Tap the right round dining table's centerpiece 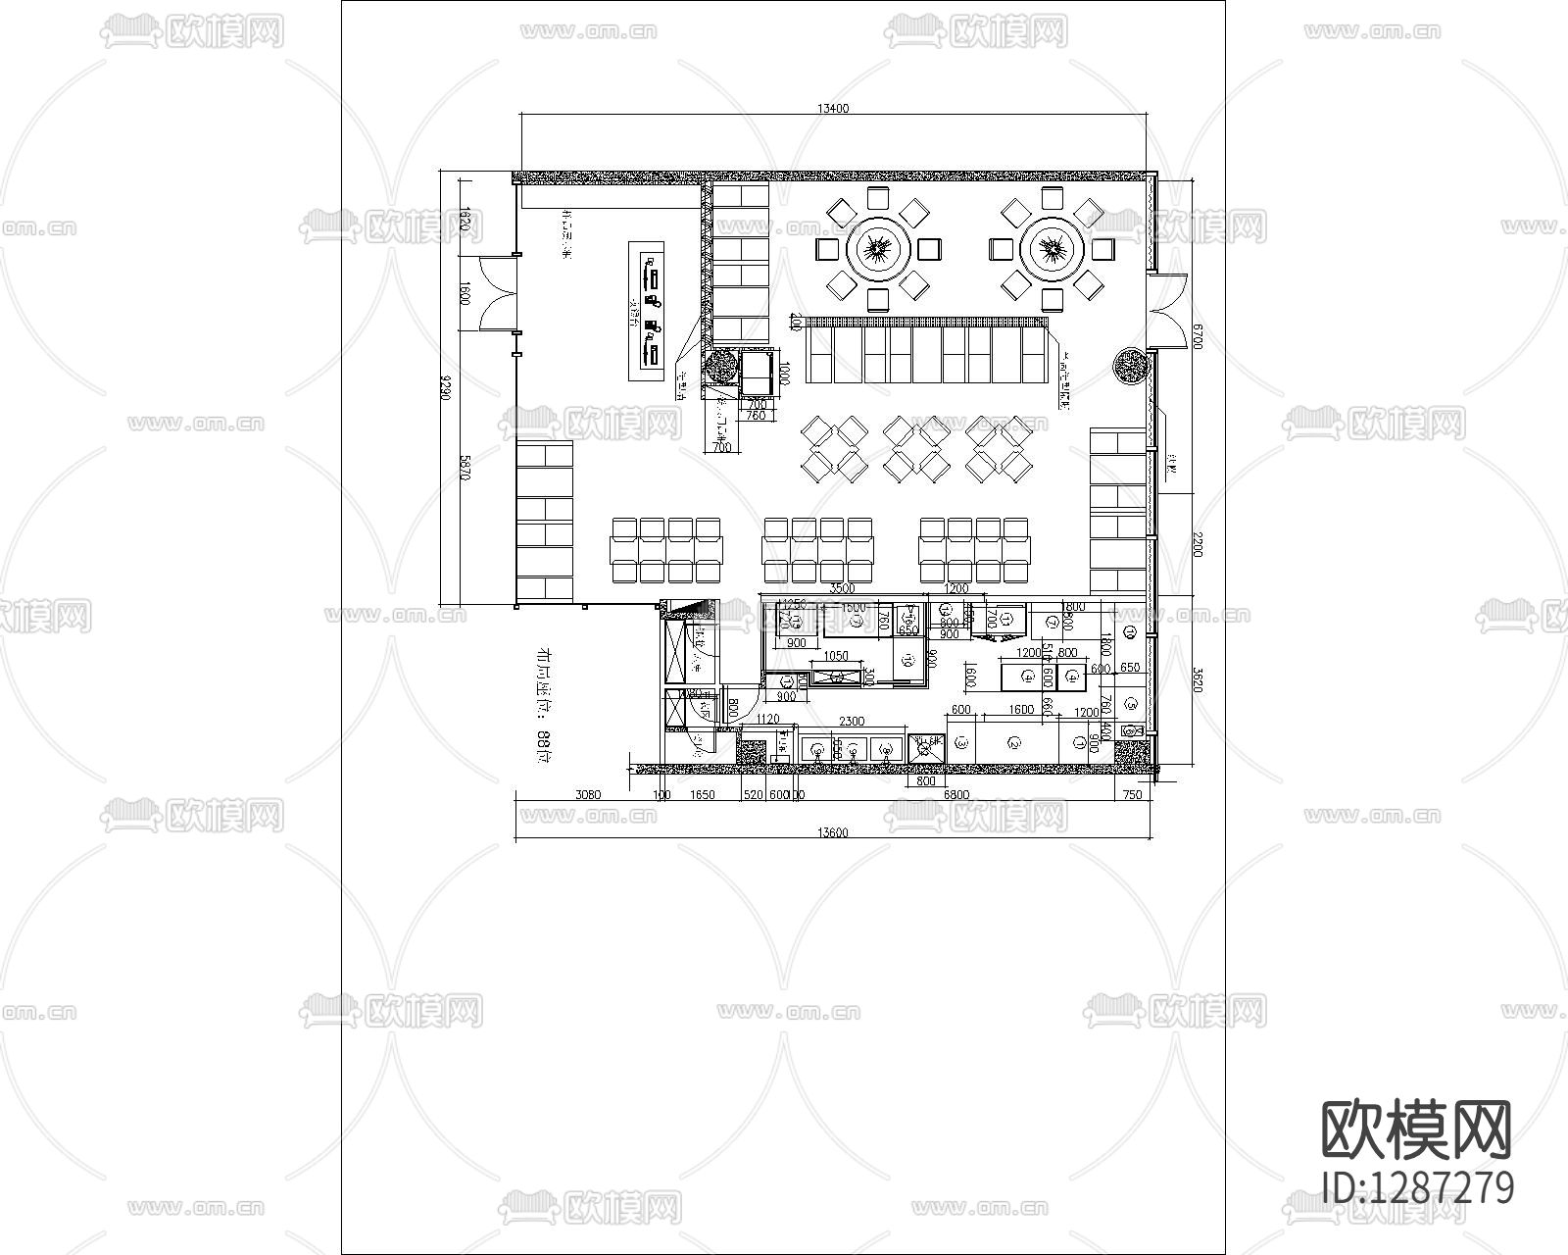1052,248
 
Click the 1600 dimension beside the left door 465,294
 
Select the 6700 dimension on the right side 1195,339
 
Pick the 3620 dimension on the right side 1195,680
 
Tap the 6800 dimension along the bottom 955,795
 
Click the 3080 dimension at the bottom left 588,795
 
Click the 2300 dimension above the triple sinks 852,722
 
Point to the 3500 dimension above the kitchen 842,589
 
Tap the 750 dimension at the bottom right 1132,795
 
